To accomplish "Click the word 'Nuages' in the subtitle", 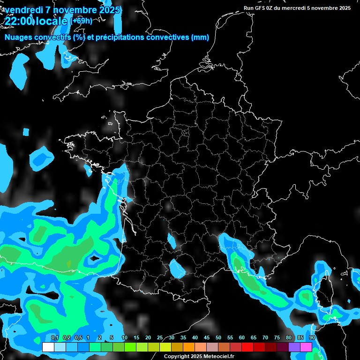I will point(18,37).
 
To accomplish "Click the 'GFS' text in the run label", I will point(261,8).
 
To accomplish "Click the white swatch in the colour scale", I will point(48,347).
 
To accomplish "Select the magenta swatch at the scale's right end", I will point(306,347).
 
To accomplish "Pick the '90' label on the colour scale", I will point(312,337).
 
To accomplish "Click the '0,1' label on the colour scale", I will point(54,337).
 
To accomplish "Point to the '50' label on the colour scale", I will point(218,337).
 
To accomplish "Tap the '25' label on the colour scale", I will point(160,337).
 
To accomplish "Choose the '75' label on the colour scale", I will point(277,337).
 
